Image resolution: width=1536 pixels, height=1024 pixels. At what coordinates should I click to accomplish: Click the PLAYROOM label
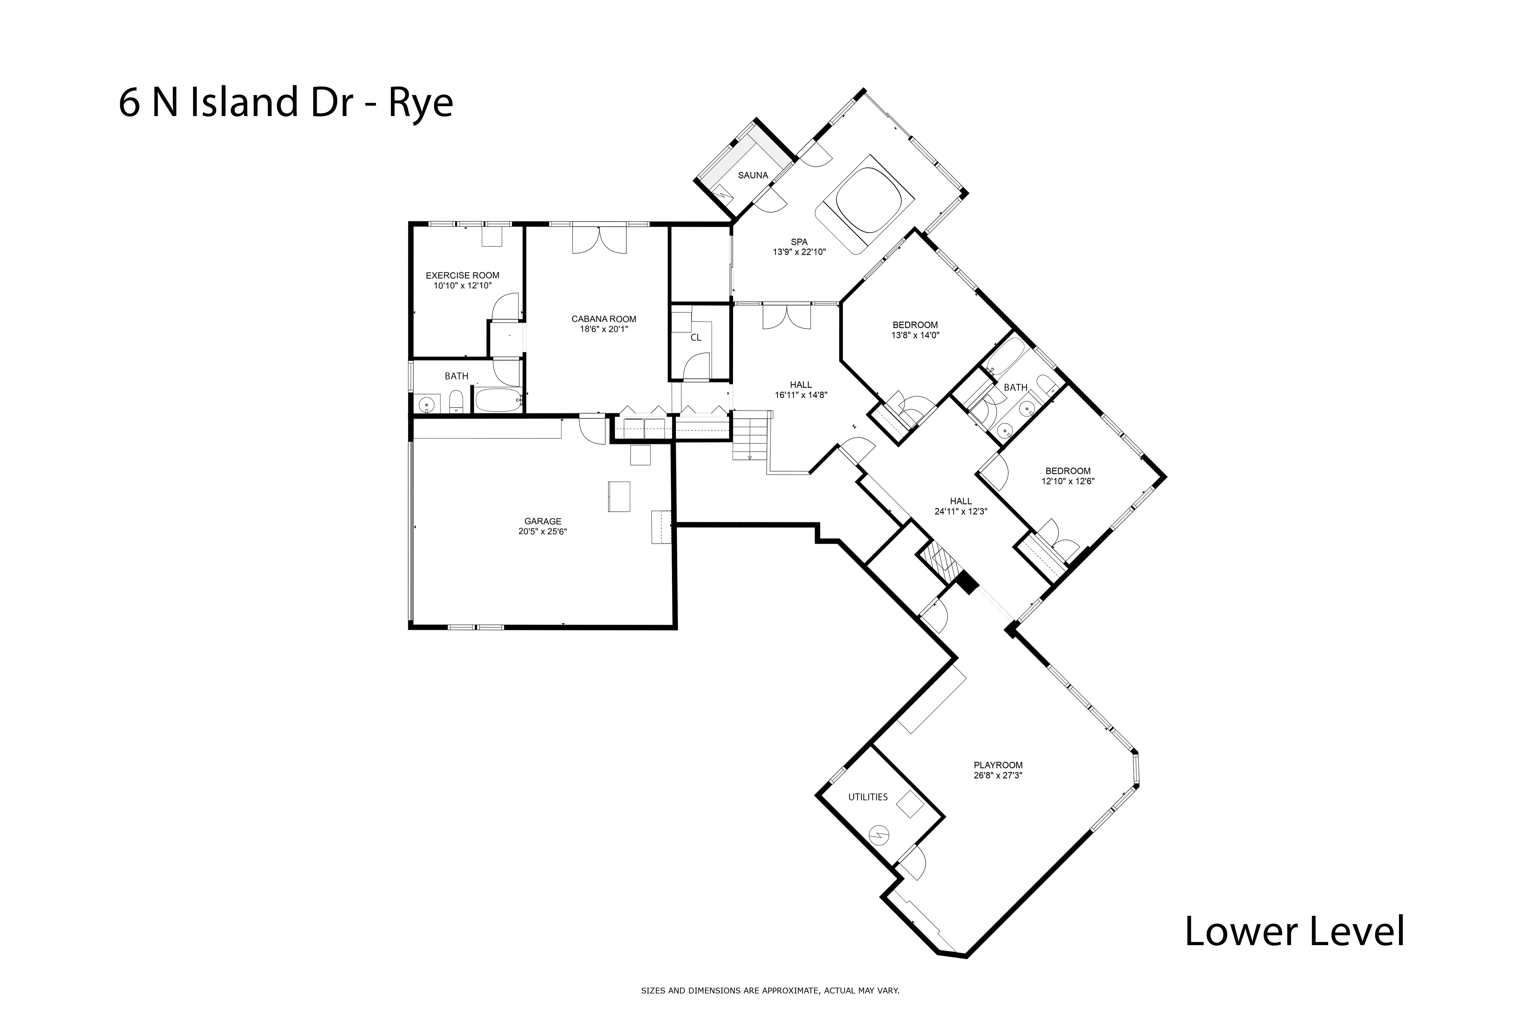click(x=998, y=765)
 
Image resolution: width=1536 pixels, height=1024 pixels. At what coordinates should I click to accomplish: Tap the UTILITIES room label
click(x=868, y=797)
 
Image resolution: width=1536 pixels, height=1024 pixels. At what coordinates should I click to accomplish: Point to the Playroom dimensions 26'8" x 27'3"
click(x=998, y=775)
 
